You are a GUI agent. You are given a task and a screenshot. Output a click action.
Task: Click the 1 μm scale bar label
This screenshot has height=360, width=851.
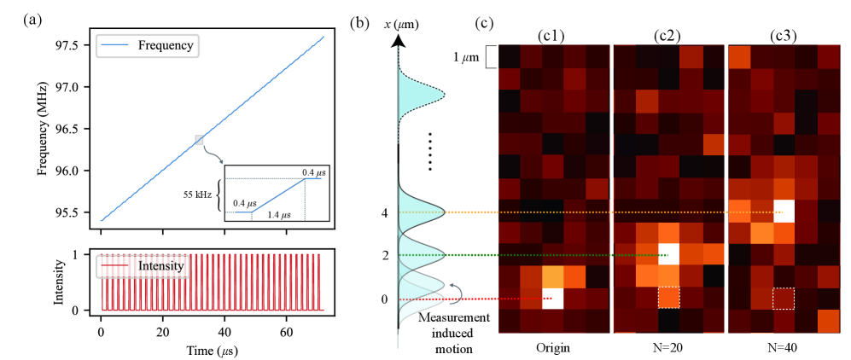(466, 57)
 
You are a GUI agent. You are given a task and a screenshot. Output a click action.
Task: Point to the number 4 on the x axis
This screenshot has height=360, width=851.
(386, 212)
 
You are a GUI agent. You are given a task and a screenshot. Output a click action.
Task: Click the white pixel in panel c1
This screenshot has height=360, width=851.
(554, 299)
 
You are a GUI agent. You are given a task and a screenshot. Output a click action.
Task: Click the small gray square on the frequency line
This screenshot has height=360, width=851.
(199, 139)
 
